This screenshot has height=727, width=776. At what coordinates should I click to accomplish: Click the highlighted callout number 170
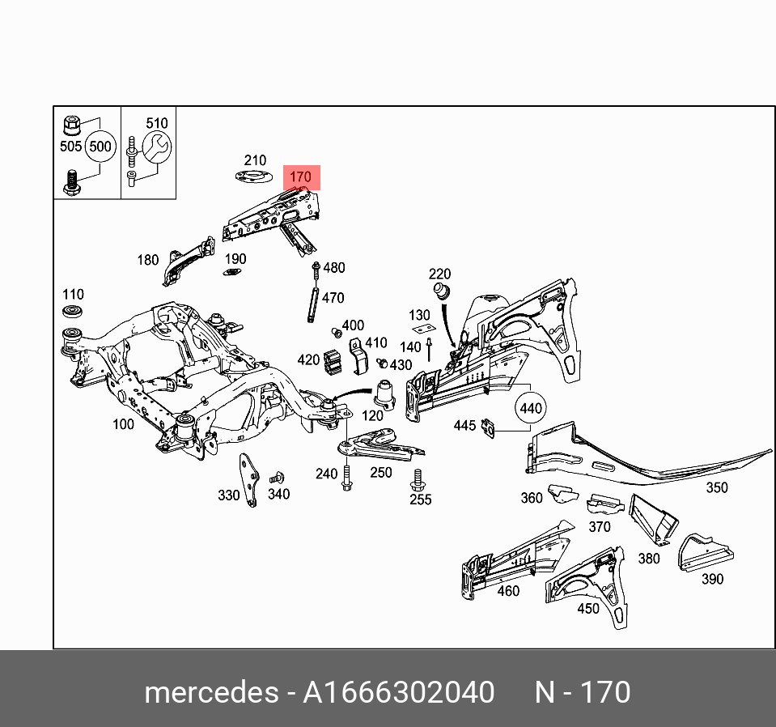pyautogui.click(x=300, y=177)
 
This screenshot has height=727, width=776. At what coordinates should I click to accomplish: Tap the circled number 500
pyautogui.click(x=100, y=147)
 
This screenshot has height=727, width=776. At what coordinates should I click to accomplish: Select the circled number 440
pyautogui.click(x=530, y=408)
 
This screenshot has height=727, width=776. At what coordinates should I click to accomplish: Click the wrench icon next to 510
pyautogui.click(x=156, y=147)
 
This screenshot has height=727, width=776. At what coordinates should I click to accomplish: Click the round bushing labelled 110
pyautogui.click(x=74, y=312)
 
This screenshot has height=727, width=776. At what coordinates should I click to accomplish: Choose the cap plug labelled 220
pyautogui.click(x=441, y=290)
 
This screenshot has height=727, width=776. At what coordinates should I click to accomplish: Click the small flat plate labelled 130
pyautogui.click(x=422, y=329)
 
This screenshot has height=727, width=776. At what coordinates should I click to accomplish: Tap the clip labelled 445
pyautogui.click(x=489, y=427)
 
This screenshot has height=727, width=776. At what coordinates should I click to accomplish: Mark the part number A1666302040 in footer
pyautogui.click(x=398, y=692)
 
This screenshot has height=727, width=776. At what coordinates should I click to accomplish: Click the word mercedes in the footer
pyautogui.click(x=210, y=692)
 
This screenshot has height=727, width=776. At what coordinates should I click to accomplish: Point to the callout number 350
pyautogui.click(x=716, y=487)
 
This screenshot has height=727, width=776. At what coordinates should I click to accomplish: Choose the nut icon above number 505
pyautogui.click(x=71, y=125)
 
